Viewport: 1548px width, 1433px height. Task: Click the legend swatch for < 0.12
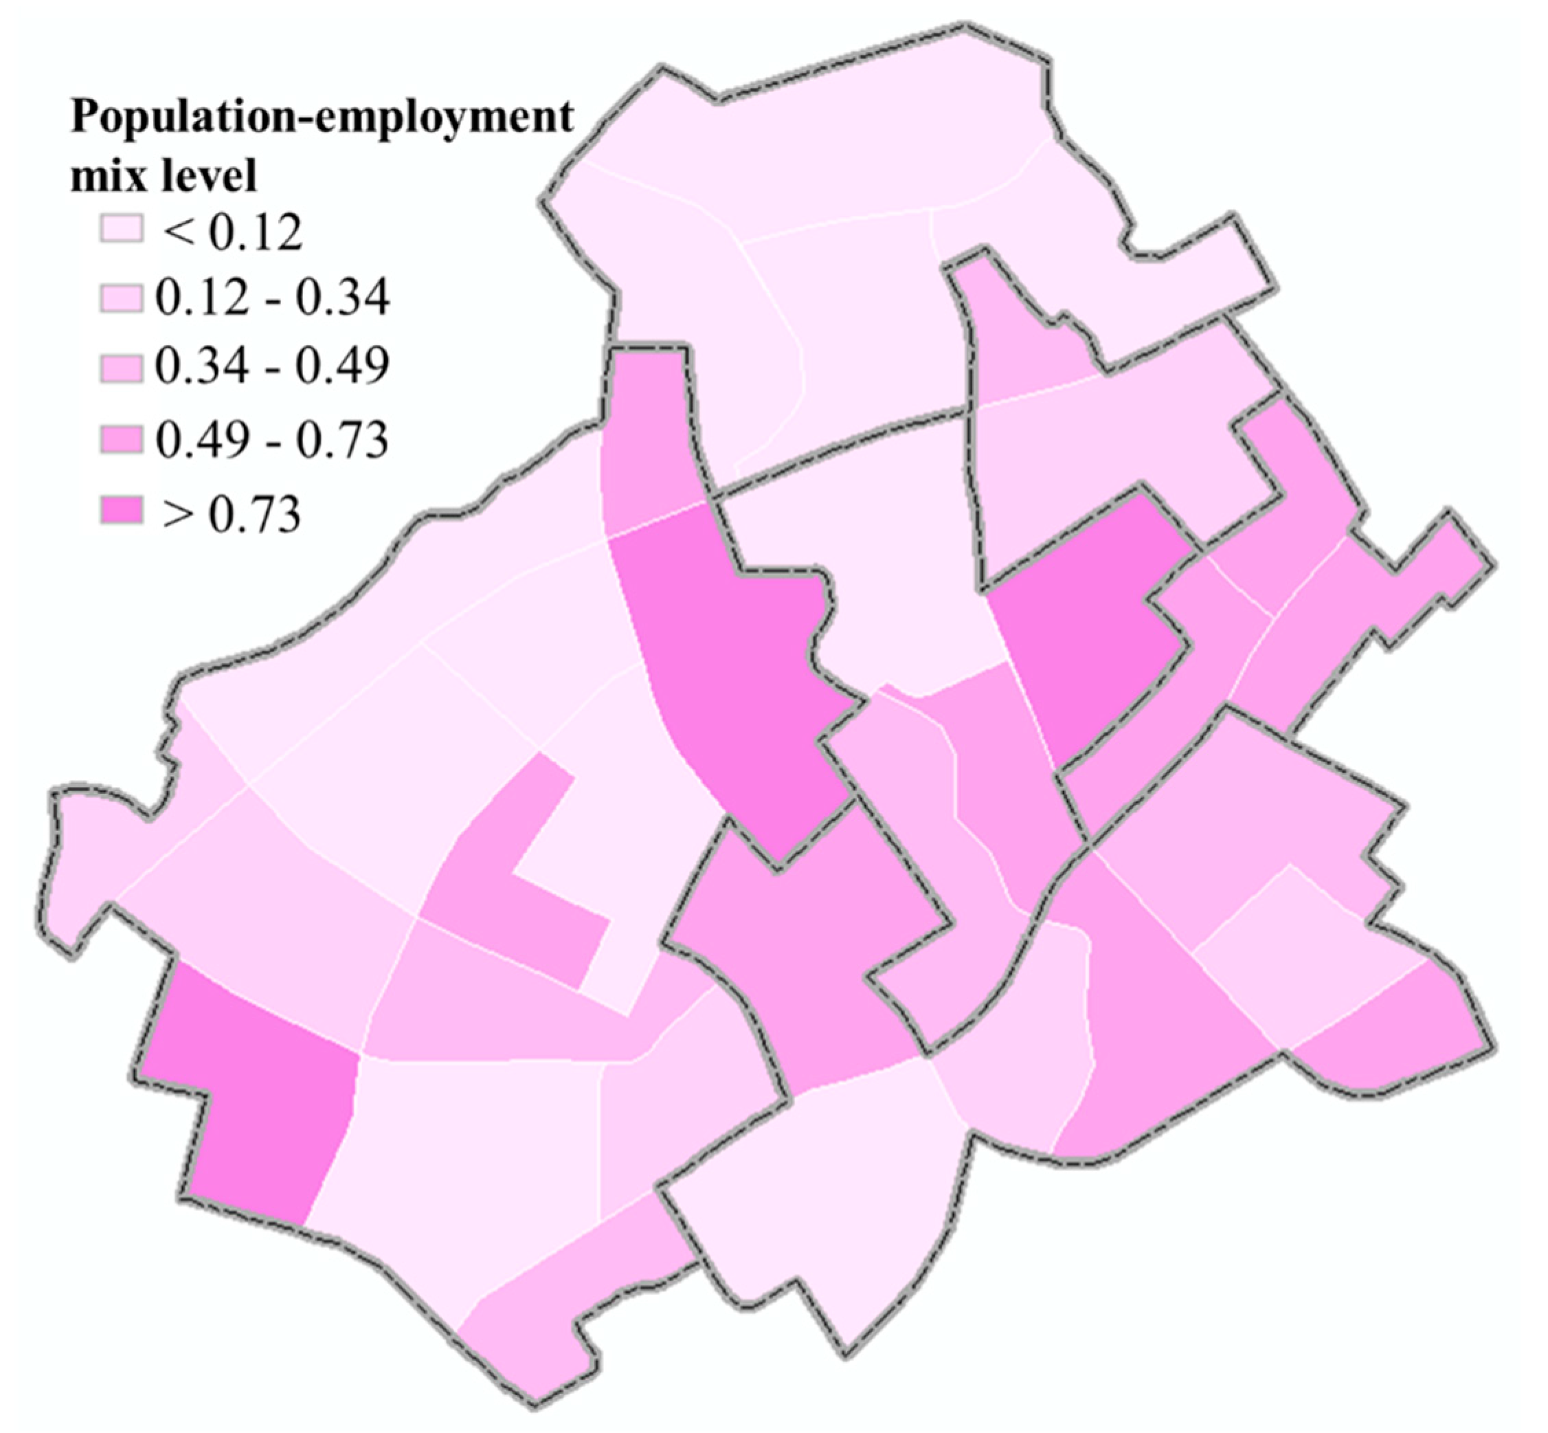[x=121, y=229]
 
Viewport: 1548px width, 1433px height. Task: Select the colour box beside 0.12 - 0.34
[x=121, y=298]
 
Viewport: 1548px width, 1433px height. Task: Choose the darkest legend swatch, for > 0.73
[x=121, y=512]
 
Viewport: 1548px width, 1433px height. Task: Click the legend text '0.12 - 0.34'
[x=271, y=298]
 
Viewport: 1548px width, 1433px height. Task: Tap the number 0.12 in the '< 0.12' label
[x=256, y=230]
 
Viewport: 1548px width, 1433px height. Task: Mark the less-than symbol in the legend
[x=177, y=230]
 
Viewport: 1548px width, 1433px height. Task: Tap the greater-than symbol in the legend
[x=177, y=513]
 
